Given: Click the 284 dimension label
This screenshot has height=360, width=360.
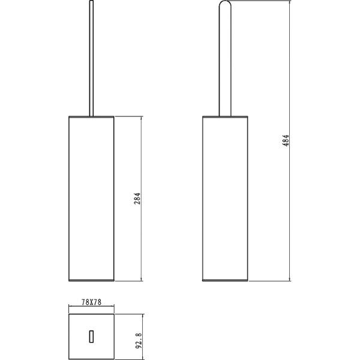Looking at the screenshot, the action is (137, 199).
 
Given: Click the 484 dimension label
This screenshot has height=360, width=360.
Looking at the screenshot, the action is (286, 140).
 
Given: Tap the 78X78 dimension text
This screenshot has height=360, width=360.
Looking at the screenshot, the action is (91, 302).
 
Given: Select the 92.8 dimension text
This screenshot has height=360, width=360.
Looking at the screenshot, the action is (139, 341).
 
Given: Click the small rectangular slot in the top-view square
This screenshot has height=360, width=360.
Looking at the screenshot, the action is (91, 337).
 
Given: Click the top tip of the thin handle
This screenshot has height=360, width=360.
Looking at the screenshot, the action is (91, 1).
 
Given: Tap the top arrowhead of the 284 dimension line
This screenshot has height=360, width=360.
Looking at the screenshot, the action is (141, 118).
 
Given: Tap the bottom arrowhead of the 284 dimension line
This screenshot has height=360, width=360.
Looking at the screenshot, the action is (141, 279).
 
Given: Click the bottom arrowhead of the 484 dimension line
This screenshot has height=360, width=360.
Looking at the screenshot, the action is (290, 279).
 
